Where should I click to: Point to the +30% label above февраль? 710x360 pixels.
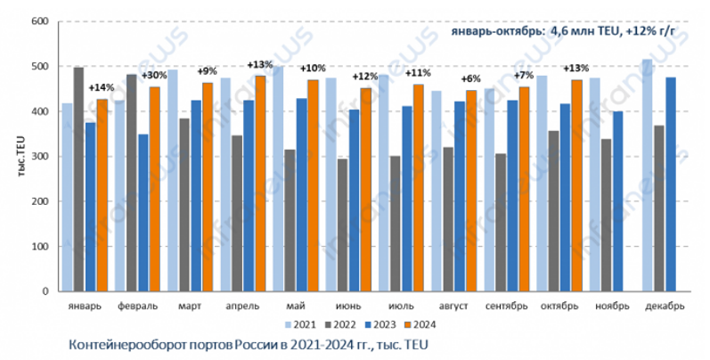point(153,75)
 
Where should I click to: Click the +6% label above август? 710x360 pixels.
point(471,79)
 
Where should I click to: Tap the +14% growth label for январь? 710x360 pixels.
point(102,87)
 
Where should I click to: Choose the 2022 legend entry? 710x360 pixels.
point(339,323)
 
